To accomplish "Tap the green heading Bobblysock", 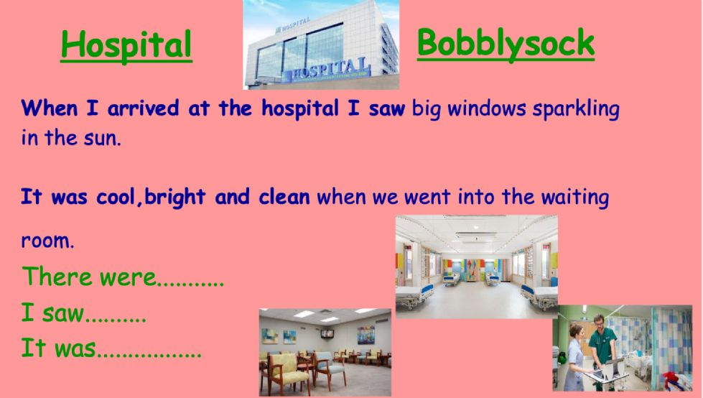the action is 506,44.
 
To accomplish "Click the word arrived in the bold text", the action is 143,108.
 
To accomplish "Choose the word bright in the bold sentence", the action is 175,198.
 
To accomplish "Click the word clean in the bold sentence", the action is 284,197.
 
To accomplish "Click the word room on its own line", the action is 47,241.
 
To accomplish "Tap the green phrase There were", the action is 89,277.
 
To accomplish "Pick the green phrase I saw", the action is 52,313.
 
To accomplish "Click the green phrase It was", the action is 58,348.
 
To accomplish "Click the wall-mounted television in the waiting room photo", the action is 327,333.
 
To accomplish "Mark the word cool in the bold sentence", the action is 116,198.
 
